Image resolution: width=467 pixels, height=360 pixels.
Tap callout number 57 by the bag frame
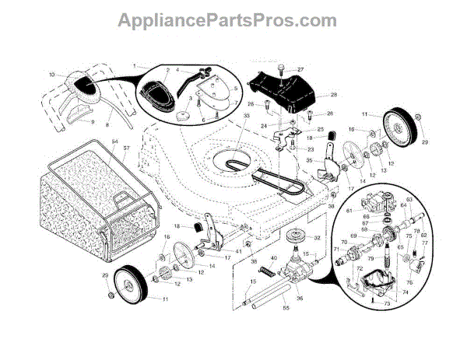(125, 148)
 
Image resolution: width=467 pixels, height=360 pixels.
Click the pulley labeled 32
(297, 238)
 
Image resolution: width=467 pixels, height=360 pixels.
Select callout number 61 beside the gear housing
(349, 210)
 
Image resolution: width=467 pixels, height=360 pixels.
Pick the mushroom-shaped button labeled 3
(183, 113)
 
